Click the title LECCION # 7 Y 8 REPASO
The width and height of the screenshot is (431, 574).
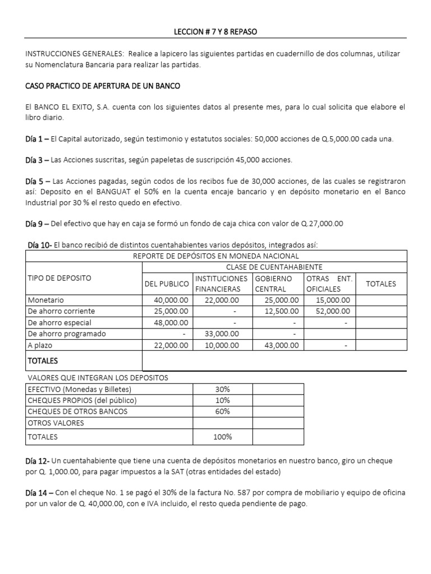[215, 32]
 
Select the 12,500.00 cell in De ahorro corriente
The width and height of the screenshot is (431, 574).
[283, 311]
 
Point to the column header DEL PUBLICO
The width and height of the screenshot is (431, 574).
[167, 284]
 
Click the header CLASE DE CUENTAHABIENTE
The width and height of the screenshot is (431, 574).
[274, 267]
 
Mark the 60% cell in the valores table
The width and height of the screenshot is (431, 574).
[222, 411]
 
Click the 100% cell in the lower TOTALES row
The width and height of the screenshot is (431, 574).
[222, 437]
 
